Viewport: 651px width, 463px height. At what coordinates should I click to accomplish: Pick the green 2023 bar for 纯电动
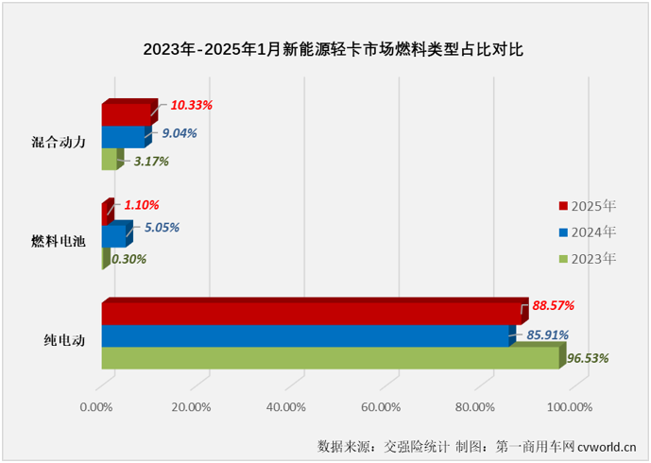pos(331,358)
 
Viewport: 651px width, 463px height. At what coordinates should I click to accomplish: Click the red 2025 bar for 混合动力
pos(126,114)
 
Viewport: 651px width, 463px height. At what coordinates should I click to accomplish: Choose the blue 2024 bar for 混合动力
pos(123,137)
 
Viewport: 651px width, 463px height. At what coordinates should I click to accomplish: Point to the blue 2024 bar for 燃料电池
pos(112,234)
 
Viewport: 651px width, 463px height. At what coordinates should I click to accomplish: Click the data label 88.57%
pos(552,305)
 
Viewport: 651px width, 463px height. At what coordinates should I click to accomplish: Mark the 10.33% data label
pos(191,105)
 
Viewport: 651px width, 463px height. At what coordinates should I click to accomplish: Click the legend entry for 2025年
pos(588,205)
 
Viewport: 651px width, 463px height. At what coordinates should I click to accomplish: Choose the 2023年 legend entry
pos(588,258)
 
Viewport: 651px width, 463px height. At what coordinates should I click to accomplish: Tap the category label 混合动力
pos(59,142)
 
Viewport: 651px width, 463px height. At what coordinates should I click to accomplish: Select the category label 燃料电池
pos(59,241)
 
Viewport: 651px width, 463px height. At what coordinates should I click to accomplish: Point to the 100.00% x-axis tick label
pos(568,407)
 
